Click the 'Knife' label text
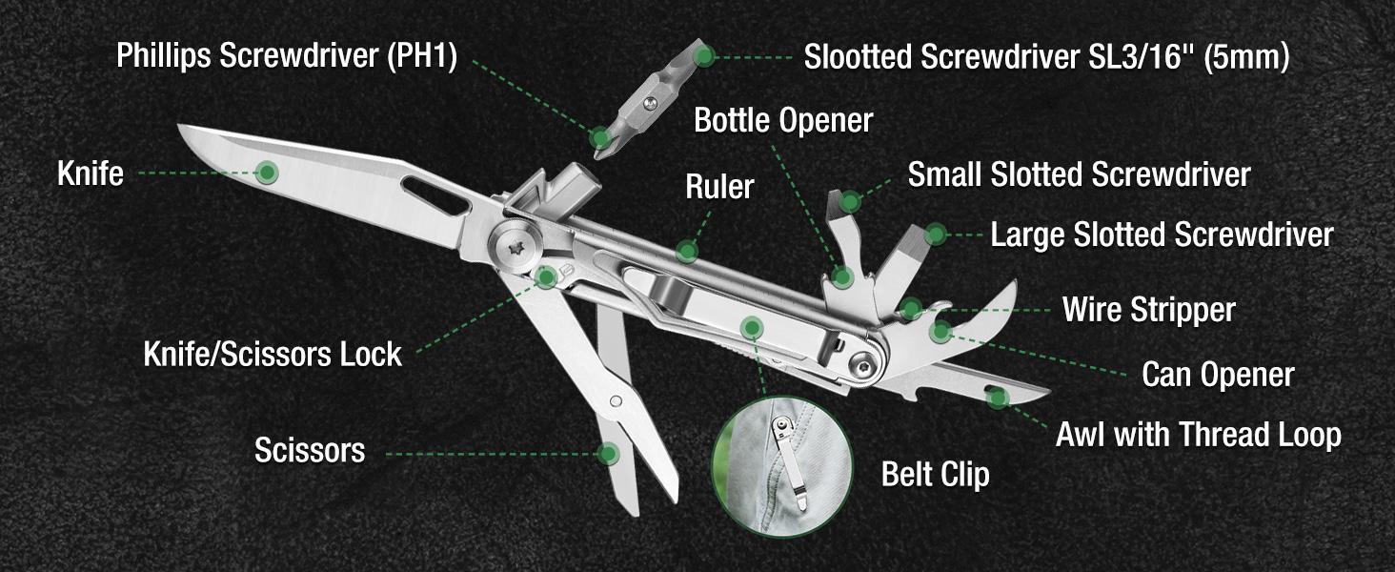point(90,174)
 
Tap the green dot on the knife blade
point(268,173)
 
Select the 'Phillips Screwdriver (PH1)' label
point(287,56)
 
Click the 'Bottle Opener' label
point(783,121)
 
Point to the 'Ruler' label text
point(719,187)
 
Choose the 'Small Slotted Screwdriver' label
point(1079,175)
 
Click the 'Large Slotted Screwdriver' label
point(1162,235)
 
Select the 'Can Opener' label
point(1218,375)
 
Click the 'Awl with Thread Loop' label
point(1198,436)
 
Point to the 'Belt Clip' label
point(935,474)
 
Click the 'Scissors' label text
point(310,450)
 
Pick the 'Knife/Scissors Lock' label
point(273,355)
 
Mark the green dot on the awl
point(997,397)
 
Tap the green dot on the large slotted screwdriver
point(935,234)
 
